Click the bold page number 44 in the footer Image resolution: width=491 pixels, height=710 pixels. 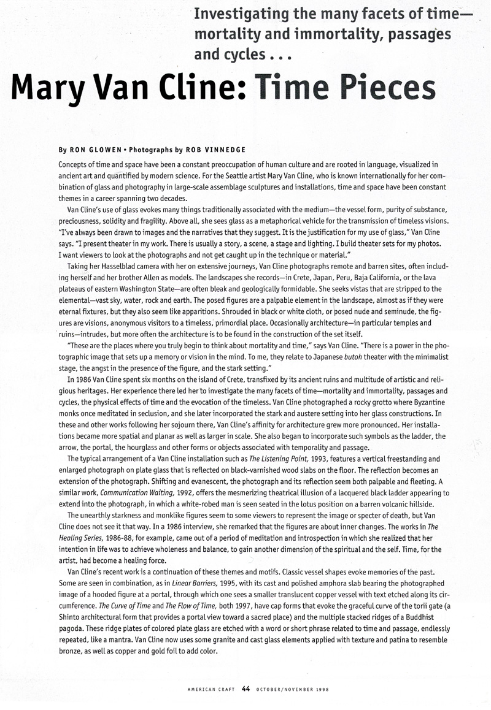tap(245, 689)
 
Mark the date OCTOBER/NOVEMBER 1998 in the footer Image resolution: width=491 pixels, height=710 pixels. tap(285, 689)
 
